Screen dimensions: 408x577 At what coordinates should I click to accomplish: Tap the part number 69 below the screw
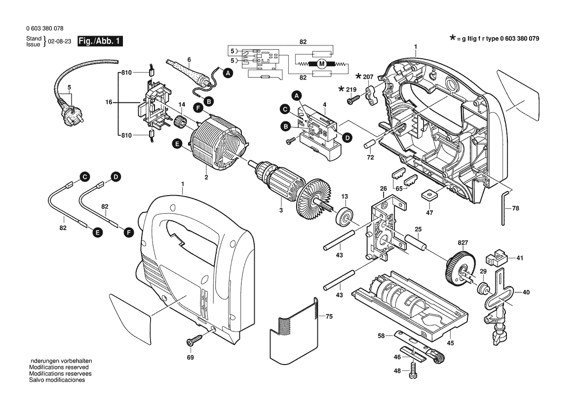[190, 357]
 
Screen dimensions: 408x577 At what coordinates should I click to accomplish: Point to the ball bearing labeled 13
[344, 216]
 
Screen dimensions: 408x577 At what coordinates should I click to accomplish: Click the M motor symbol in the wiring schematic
[321, 63]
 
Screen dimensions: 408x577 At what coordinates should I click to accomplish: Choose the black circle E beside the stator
[176, 143]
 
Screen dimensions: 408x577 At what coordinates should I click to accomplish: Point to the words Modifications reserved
[59, 367]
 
